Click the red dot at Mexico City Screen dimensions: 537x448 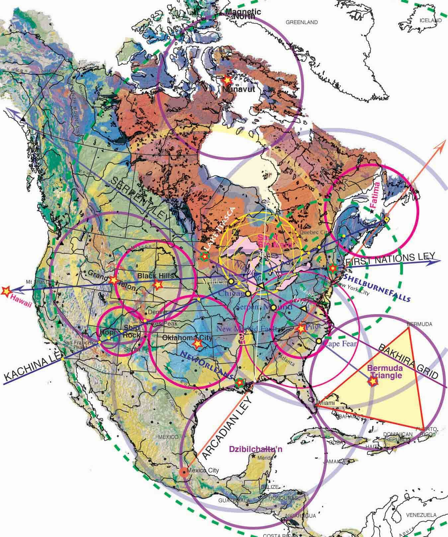(x=183, y=472)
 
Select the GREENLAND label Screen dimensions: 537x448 (x=302, y=23)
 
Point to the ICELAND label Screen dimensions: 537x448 (x=431, y=21)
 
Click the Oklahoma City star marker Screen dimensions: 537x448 (x=198, y=344)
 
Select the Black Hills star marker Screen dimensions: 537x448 (x=157, y=284)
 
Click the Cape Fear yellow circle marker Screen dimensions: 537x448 (x=319, y=341)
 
